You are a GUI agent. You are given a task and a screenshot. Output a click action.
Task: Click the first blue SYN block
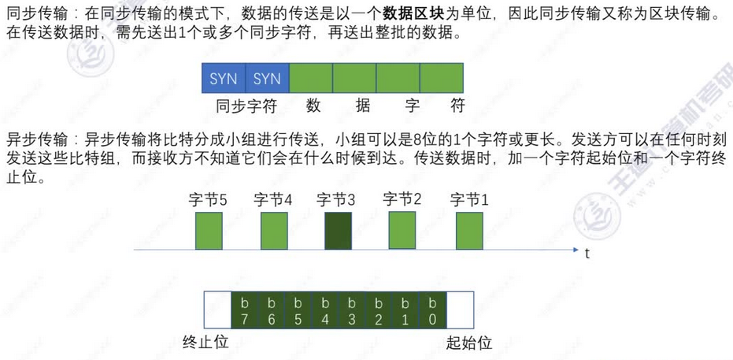tap(224, 79)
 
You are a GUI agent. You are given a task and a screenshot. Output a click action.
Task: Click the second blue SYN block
tap(268, 79)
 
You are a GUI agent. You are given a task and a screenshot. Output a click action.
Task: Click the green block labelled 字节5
tap(209, 232)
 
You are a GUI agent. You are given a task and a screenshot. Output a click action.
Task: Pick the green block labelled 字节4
tap(273, 232)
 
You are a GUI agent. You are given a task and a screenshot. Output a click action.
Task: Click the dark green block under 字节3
tap(338, 232)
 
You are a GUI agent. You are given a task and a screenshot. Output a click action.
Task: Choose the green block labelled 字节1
tap(469, 231)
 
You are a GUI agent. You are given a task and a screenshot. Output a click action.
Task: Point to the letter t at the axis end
tap(587, 254)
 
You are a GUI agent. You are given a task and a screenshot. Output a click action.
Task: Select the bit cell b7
tap(244, 310)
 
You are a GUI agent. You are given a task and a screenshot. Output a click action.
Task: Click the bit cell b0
tap(433, 310)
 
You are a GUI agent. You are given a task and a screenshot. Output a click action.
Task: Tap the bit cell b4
tap(325, 310)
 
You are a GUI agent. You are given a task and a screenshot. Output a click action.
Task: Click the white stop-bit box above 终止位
tap(217, 310)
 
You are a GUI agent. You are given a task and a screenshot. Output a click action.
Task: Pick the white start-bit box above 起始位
tap(460, 310)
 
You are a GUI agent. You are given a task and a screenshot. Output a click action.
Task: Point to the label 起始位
tap(469, 343)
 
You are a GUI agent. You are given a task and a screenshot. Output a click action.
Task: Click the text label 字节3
tap(337, 199)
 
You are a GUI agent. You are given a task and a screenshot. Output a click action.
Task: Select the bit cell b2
tap(379, 310)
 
